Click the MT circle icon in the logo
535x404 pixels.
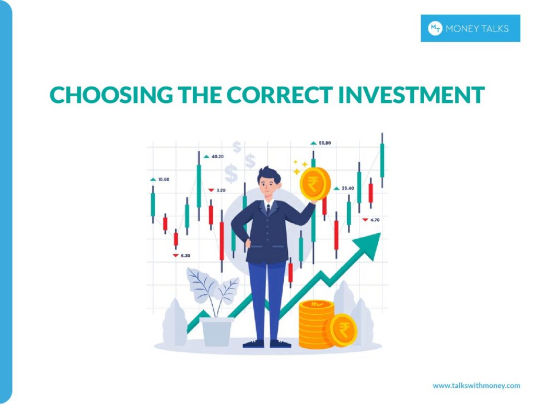point(435,28)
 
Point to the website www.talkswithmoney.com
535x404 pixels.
point(476,386)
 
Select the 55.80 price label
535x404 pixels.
point(324,142)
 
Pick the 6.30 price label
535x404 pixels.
point(185,255)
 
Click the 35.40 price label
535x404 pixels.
point(347,188)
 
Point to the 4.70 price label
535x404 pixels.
point(374,220)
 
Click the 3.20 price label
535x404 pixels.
point(220,191)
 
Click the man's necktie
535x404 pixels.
point(268,209)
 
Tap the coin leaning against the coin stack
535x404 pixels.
point(343,330)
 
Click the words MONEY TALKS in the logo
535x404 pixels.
point(476,29)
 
